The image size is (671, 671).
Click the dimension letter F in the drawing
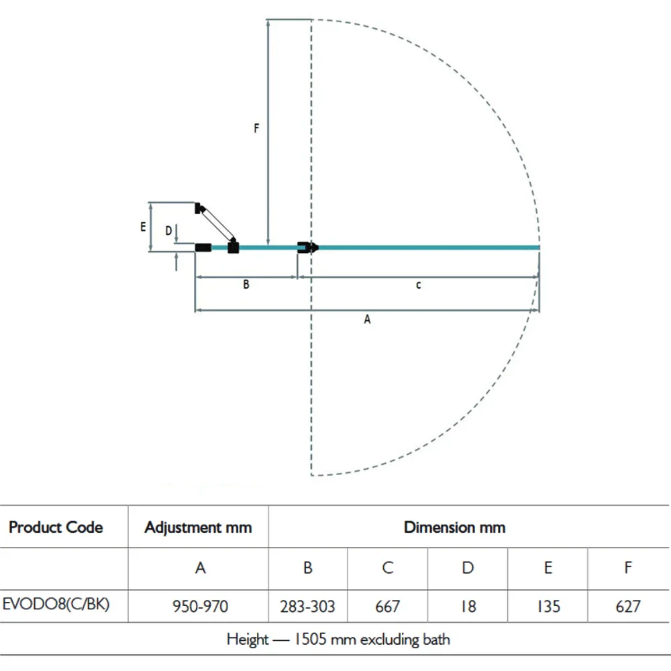[256, 128]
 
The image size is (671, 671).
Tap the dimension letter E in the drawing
[143, 226]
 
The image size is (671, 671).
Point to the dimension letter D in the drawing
[168, 231]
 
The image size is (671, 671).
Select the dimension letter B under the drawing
[246, 284]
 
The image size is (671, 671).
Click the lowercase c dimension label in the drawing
[419, 285]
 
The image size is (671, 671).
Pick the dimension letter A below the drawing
[367, 319]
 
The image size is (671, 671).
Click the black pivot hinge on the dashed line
[308, 248]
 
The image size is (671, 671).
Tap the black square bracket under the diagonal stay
[234, 247]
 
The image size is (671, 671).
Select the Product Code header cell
[56, 527]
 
